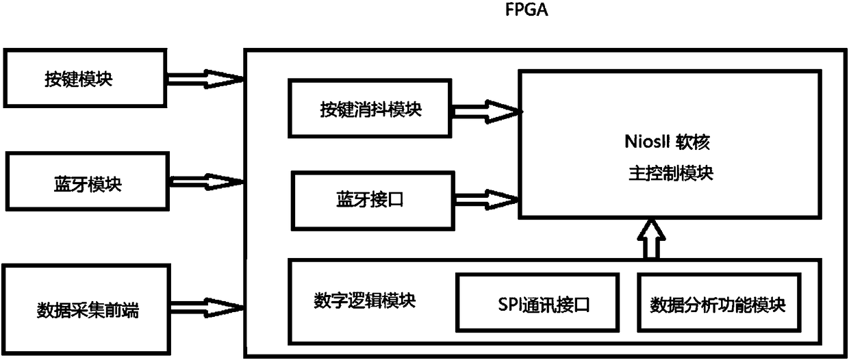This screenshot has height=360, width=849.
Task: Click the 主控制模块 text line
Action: point(671,173)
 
